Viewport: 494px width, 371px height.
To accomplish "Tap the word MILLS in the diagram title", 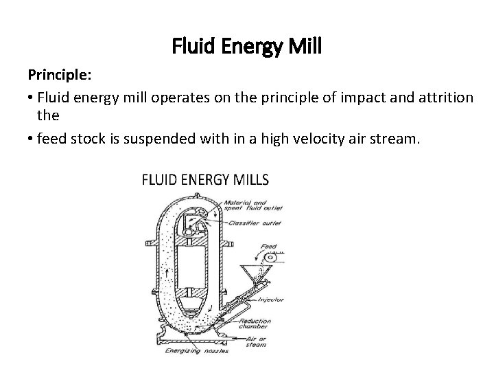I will (246, 180).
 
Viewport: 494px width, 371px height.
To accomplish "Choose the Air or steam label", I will (259, 341).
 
